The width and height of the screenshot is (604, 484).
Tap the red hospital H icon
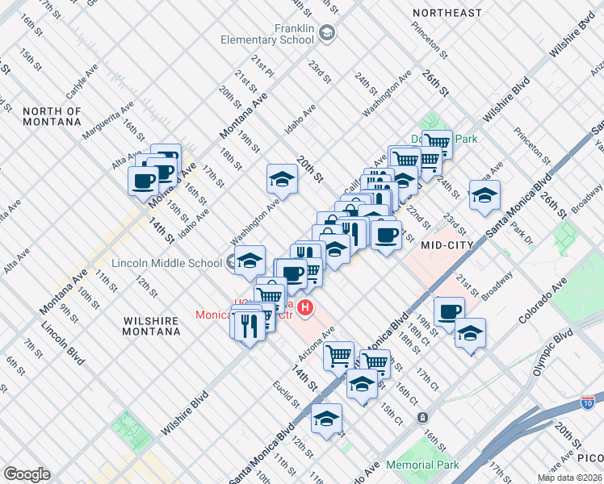pos(305,307)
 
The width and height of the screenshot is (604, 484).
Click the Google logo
pos(27,474)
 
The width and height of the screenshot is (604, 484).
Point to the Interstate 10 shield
pos(588,401)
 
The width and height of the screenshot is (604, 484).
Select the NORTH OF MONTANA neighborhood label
pos(52,116)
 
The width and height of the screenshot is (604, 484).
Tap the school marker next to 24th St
pos(484,195)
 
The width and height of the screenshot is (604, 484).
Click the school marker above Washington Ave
pos(283,179)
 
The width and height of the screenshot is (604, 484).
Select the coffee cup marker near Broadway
pos(449,311)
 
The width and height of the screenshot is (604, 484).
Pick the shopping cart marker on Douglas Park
pos(437,144)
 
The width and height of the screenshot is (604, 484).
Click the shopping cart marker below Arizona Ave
pos(338,355)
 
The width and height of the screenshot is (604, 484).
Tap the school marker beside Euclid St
pos(327,418)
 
